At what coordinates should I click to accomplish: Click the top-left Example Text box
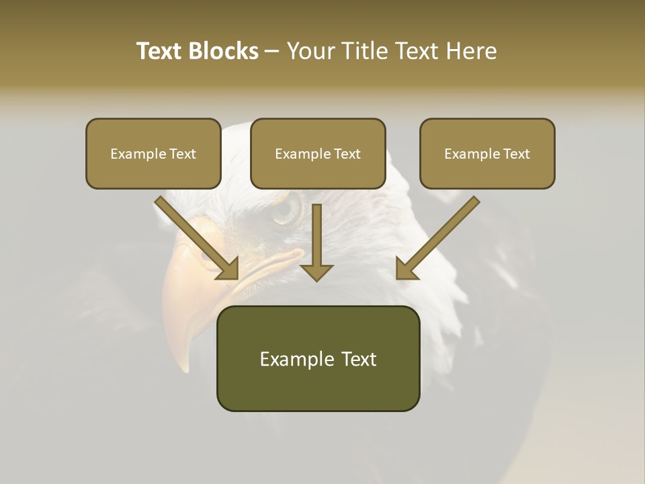pos(153,154)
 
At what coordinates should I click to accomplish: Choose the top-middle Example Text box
pos(318,154)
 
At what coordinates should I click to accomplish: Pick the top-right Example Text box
pos(487,154)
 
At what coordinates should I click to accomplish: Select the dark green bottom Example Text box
pos(318,359)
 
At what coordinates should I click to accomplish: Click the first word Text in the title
pos(162,51)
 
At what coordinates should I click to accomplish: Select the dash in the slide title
pos(272,51)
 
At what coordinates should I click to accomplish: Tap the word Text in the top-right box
pos(516,154)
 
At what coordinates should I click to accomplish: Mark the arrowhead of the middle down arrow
pos(316,272)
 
